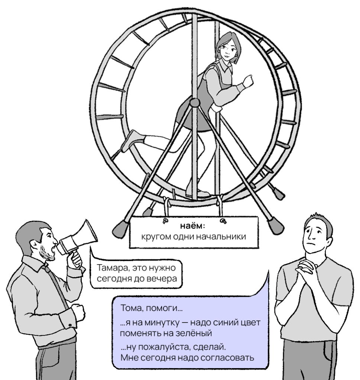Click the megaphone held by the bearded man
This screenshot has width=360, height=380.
[x=78, y=239]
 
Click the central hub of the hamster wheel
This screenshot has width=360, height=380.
[x=195, y=102]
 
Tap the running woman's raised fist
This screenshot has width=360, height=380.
[x=248, y=81]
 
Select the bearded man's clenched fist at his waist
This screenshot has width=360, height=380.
[x=78, y=311]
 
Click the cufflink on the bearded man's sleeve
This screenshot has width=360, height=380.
[x=70, y=325]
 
